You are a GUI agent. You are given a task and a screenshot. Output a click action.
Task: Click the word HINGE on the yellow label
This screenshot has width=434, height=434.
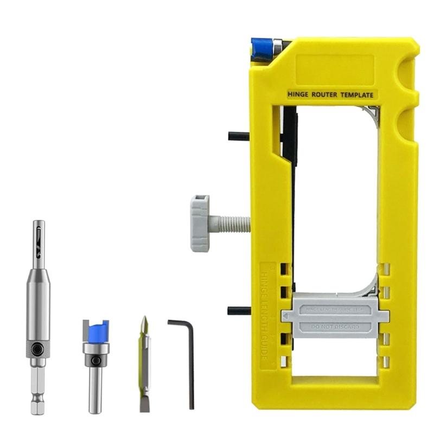coord(297,95)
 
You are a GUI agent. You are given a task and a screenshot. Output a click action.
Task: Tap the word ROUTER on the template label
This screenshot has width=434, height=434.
coord(324,95)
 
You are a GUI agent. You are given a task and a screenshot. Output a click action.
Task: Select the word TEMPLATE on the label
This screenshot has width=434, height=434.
coord(356,95)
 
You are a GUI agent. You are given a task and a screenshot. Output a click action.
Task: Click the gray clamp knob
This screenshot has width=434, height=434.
coord(200,223)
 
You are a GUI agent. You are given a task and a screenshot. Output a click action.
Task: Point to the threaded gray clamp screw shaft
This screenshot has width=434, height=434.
coord(230,222)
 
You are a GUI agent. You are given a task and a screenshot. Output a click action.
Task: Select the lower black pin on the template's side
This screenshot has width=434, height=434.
coord(239,311)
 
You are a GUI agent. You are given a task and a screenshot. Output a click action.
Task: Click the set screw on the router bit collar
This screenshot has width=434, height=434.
coord(95,360)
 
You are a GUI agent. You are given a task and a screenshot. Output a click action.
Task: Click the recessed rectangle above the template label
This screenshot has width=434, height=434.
coord(335,69)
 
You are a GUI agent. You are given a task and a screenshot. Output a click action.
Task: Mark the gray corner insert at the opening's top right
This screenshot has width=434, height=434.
coord(372,113)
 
